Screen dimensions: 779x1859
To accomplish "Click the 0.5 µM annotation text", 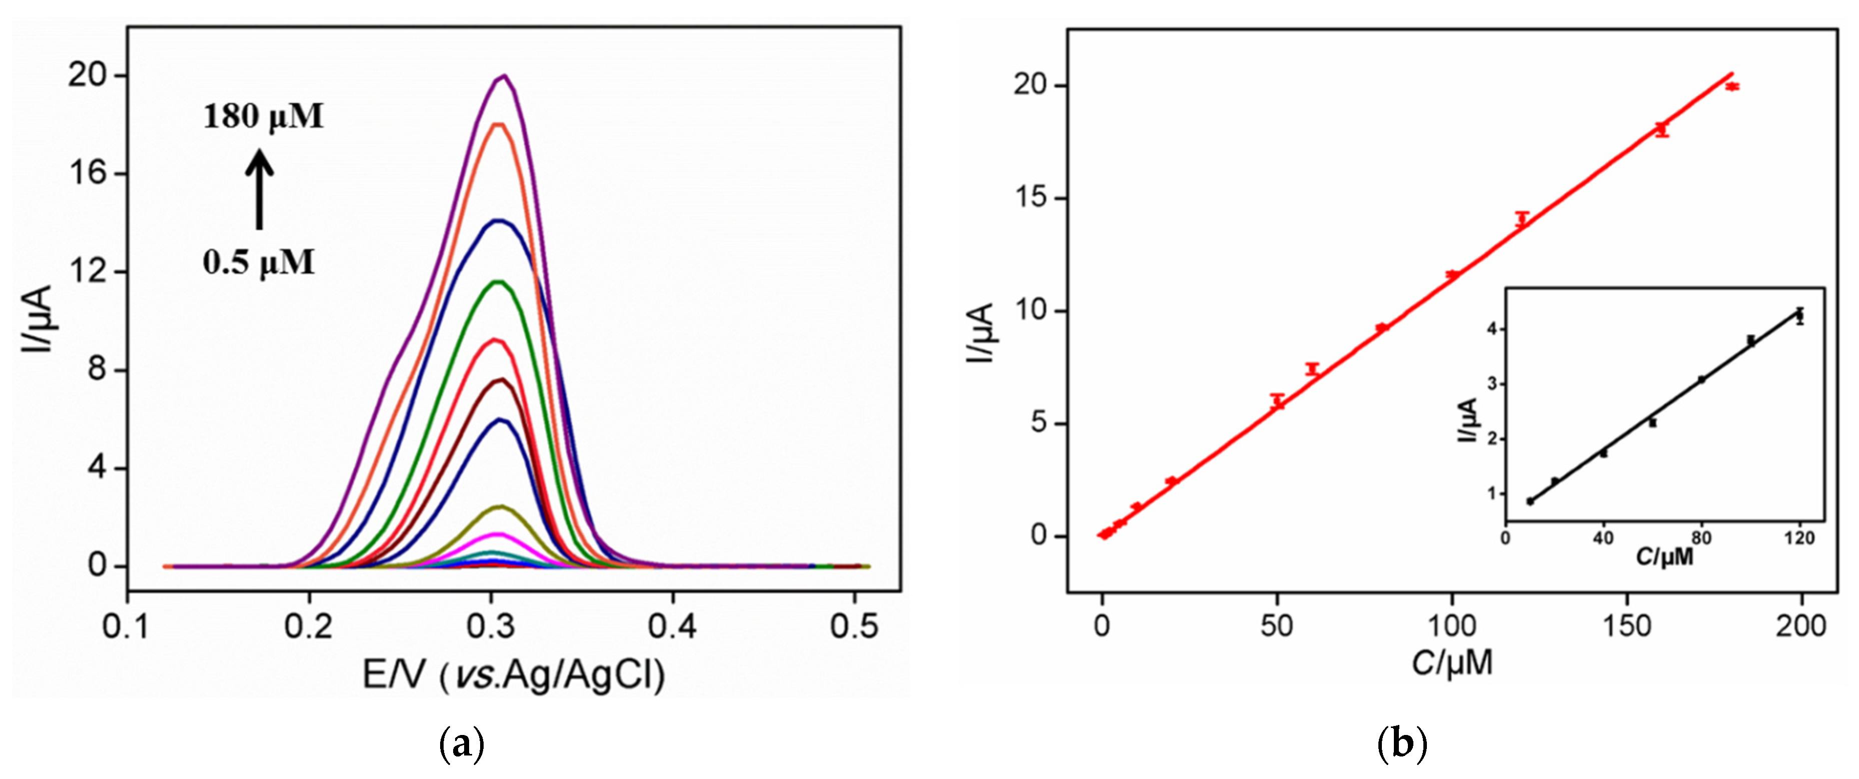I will coord(259,263).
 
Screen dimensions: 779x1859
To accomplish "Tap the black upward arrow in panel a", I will coord(259,189).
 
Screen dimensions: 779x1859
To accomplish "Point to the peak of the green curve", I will coord(497,282).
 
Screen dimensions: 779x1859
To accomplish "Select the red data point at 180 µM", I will coord(1732,87).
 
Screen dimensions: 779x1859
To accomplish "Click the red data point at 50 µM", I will coord(1277,401).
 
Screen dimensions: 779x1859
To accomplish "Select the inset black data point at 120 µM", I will coord(1800,316).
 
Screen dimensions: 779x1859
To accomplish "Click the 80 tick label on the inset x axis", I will coord(1701,538).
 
